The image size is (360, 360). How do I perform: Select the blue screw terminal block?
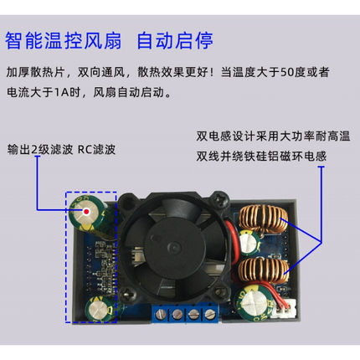click(x=184, y=314)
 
